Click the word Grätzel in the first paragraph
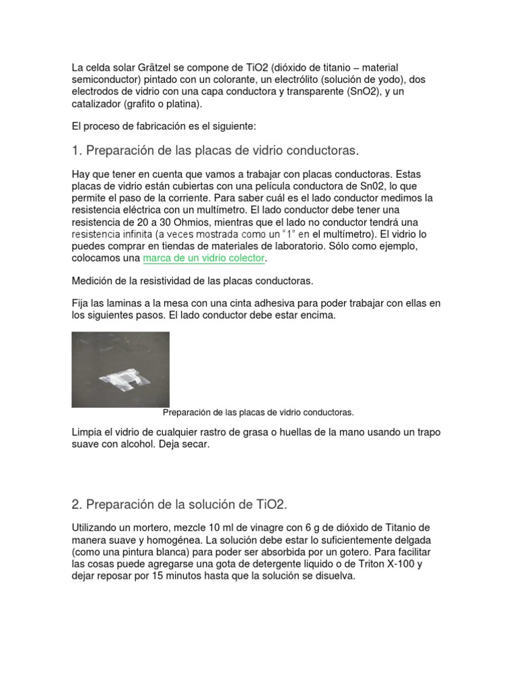click(x=153, y=67)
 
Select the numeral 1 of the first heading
click(x=75, y=149)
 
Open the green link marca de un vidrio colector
click(x=205, y=259)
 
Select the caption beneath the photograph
click(x=258, y=412)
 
